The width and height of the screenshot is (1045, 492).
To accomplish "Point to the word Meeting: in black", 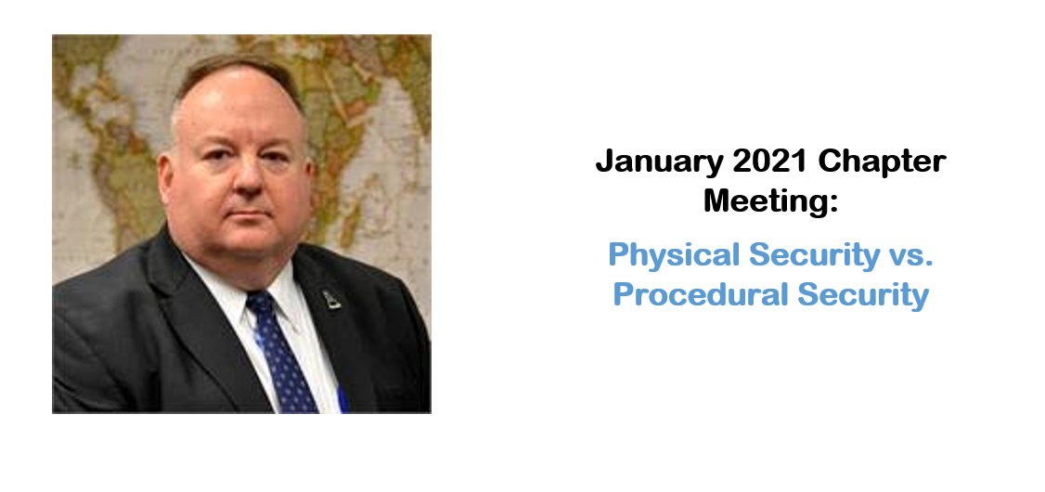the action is point(770,201).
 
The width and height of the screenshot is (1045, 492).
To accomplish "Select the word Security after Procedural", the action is point(863,296).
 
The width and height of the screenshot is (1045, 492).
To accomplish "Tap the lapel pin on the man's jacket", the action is point(331,299).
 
